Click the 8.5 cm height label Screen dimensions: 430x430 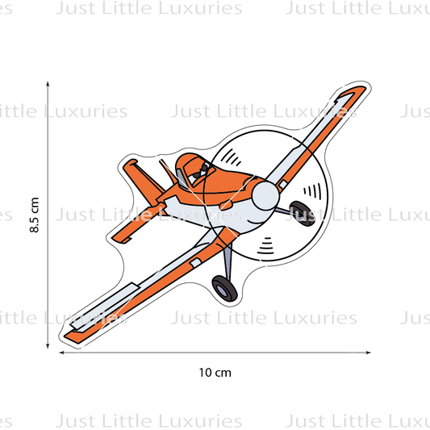34,215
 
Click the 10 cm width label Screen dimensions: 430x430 215,373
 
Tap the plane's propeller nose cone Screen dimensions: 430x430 265,196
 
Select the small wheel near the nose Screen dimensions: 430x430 303,214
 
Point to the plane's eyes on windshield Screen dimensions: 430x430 201,172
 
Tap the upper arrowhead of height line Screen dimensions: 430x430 48,84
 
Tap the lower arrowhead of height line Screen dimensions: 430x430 48,345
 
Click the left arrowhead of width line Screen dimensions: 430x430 62,353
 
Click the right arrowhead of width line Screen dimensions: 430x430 368,353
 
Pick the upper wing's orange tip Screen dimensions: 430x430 357,91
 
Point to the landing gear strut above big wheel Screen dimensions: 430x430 228,261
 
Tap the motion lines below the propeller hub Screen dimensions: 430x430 265,246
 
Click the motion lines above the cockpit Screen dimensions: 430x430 231,157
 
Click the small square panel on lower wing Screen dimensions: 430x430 195,263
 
